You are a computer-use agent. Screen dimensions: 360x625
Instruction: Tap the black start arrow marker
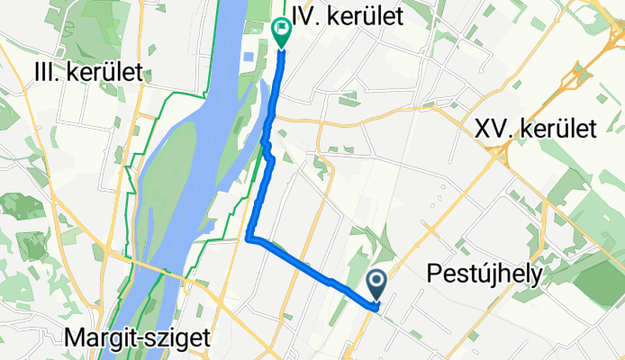pyautogui.click(x=377, y=286)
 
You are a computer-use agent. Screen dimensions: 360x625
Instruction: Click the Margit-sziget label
pyautogui.click(x=138, y=338)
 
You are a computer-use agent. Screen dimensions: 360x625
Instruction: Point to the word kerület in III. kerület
pyautogui.click(x=106, y=73)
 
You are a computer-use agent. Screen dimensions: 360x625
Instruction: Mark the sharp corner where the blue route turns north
pyautogui.click(x=249, y=238)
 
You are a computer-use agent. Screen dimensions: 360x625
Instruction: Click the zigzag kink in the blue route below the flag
pyautogui.click(x=267, y=144)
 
